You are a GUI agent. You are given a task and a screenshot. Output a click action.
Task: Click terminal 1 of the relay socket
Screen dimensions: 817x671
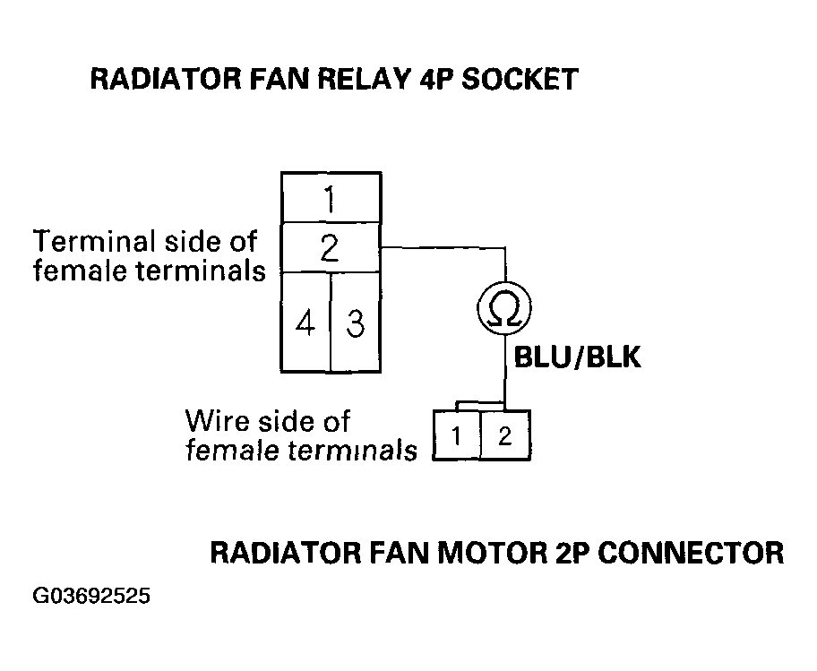[331, 198]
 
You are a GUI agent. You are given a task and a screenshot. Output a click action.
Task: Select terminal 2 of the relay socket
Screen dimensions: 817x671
[331, 248]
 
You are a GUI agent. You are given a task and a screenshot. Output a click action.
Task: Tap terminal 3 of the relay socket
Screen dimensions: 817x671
[356, 323]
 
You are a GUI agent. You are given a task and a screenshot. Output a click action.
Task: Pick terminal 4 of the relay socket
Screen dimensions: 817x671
[305, 323]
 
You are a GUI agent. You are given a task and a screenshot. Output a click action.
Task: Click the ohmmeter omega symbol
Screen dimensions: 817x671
[504, 308]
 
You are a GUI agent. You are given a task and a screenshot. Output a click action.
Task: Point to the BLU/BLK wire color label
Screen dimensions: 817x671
[577, 357]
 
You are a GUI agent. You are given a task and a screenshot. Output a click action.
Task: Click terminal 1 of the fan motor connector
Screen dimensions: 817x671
[457, 435]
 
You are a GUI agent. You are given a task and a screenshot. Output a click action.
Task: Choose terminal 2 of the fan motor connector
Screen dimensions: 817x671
[505, 435]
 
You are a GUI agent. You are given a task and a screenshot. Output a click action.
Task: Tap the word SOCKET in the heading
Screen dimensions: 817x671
[520, 79]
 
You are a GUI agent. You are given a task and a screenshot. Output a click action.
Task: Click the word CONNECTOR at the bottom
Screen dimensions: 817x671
[691, 553]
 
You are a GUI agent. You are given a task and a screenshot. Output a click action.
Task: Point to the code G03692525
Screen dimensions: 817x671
[91, 596]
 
